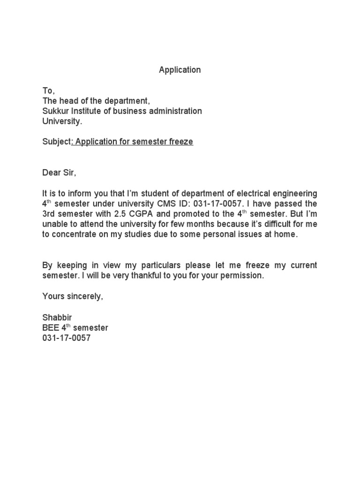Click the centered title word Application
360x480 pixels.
pos(180,70)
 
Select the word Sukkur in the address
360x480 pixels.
pos(55,111)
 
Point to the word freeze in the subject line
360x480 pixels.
pos(180,142)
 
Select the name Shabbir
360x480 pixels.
pos(57,317)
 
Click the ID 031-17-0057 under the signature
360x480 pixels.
pos(66,338)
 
